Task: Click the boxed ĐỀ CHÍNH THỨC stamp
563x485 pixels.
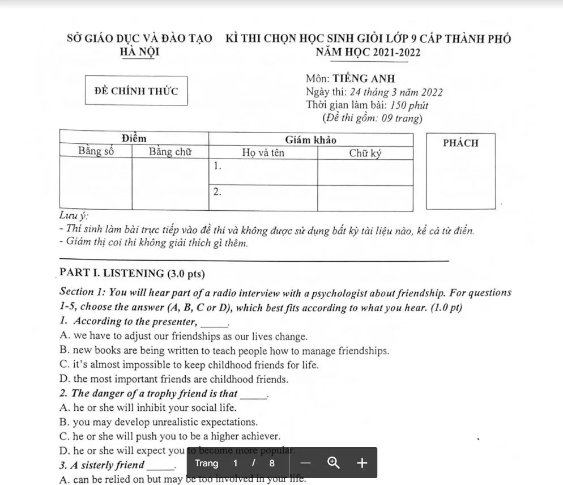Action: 136,91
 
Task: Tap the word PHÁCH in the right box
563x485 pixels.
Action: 460,143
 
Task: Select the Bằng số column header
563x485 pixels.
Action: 96,152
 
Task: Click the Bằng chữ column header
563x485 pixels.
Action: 170,152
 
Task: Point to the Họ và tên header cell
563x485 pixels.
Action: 263,152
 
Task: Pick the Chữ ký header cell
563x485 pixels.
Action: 365,152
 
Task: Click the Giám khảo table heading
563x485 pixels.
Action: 310,139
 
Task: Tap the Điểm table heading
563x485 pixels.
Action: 134,139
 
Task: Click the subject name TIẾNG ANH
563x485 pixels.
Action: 364,79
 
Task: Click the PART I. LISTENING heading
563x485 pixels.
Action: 133,274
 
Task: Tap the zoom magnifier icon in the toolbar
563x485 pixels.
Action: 334,463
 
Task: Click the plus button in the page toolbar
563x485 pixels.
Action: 362,463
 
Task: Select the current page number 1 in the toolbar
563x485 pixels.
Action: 235,463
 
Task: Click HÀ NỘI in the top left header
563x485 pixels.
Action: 140,52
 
